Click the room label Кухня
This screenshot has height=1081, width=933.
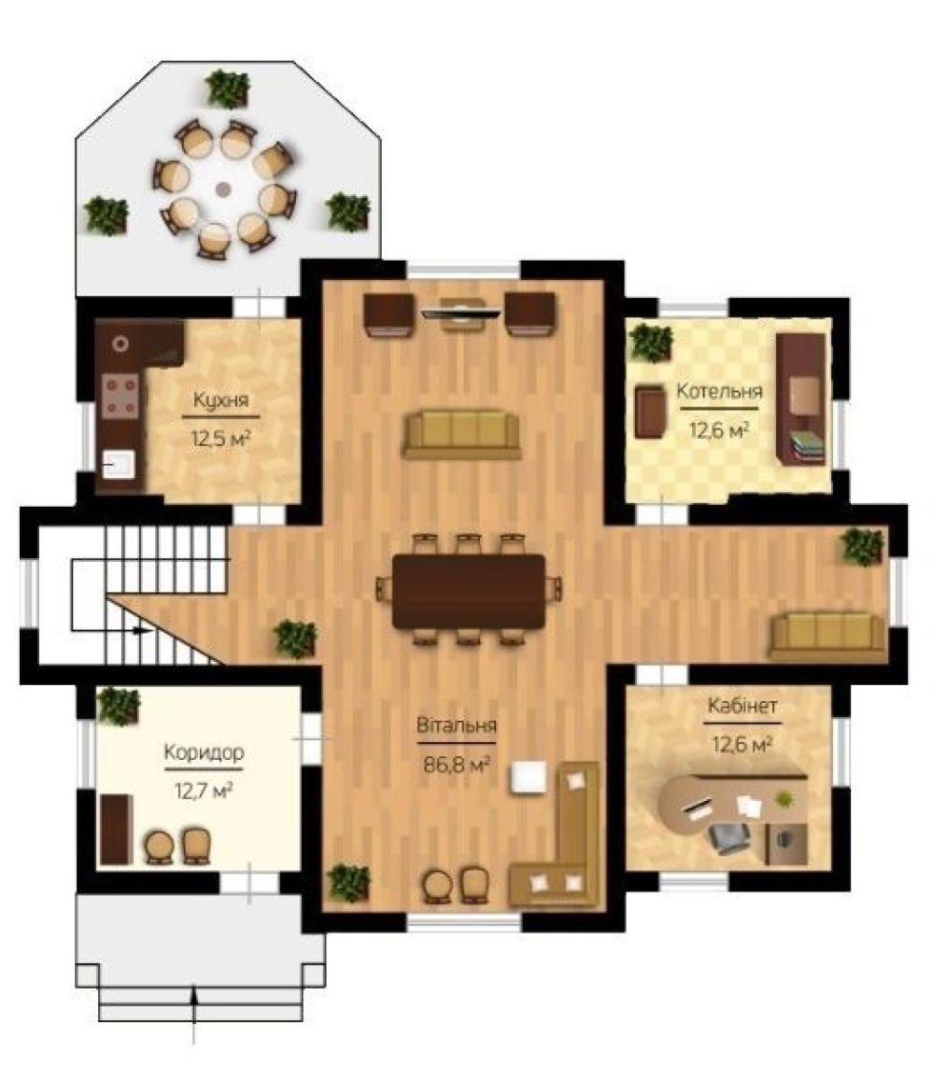[220, 400]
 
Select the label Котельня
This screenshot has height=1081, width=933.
[719, 391]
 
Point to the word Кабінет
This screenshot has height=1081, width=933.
[742, 706]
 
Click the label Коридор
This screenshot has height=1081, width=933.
[204, 752]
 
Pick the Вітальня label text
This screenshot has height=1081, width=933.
[457, 725]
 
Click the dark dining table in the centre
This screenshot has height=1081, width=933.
[469, 591]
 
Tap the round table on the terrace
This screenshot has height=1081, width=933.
[222, 189]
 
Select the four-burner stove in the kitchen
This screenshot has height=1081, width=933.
[120, 396]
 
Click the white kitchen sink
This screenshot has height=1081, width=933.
[119, 463]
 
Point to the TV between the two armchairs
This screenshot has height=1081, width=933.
[460, 313]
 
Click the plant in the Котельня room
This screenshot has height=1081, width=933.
[651, 343]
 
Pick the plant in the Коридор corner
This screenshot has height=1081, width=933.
[119, 706]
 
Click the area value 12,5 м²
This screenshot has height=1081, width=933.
[220, 438]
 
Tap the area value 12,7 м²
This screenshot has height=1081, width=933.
[204, 790]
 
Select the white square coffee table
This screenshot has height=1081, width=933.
[529, 778]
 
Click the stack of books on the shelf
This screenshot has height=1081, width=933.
[807, 444]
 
